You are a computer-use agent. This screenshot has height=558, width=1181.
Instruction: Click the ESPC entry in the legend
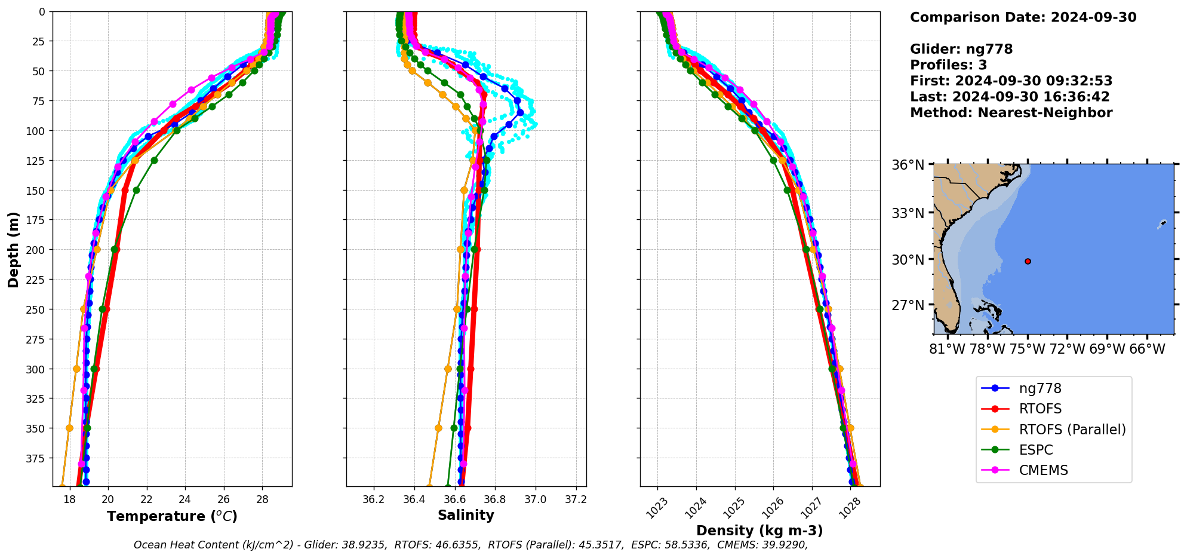(x=1035, y=450)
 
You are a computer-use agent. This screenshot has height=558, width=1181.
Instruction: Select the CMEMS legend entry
(x=1043, y=470)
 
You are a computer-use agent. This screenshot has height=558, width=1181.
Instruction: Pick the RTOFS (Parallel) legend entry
(x=1072, y=430)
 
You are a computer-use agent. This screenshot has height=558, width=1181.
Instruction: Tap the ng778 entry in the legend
(x=1039, y=388)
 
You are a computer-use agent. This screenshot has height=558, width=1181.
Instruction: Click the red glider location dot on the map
(x=1028, y=261)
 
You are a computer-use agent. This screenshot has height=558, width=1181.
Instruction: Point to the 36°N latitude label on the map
(x=908, y=165)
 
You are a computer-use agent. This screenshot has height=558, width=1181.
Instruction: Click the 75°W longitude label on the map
(x=1028, y=349)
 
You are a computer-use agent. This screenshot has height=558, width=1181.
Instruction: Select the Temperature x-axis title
(x=172, y=516)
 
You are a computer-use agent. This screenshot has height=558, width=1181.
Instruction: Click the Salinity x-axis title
(x=466, y=516)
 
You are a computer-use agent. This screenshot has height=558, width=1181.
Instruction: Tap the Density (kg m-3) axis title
(x=759, y=531)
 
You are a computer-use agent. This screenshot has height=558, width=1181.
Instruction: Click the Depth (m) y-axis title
(x=13, y=249)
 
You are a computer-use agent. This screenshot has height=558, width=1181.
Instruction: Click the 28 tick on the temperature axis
(x=262, y=499)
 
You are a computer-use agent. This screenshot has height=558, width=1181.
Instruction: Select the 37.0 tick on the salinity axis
(x=535, y=499)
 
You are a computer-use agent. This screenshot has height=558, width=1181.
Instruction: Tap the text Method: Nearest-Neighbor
(x=1011, y=113)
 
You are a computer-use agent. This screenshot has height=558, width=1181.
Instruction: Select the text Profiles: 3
(x=948, y=65)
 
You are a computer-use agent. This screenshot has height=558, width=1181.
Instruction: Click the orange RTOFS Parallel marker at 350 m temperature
(x=69, y=428)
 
